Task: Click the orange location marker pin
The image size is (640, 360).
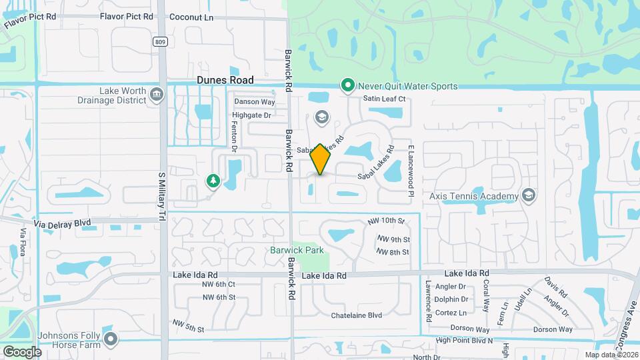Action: (x=321, y=159)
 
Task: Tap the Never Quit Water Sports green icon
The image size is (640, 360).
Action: (x=347, y=85)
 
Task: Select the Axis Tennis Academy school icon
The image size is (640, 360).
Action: (x=529, y=195)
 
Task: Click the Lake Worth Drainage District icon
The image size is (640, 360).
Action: (x=156, y=94)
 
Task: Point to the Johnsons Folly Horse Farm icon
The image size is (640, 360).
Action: (x=111, y=339)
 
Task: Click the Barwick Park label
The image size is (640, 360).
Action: (x=297, y=250)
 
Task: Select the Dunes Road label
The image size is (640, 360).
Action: (x=225, y=79)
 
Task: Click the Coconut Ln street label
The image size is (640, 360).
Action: (x=191, y=17)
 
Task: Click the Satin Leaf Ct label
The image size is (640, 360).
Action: (x=384, y=99)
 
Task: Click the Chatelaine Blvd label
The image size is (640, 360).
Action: (x=357, y=315)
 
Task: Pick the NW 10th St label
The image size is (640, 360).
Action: (x=386, y=220)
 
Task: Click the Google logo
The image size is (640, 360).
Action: (x=23, y=351)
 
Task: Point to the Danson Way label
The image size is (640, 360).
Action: (x=254, y=102)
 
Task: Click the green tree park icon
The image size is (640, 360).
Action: (x=213, y=180)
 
